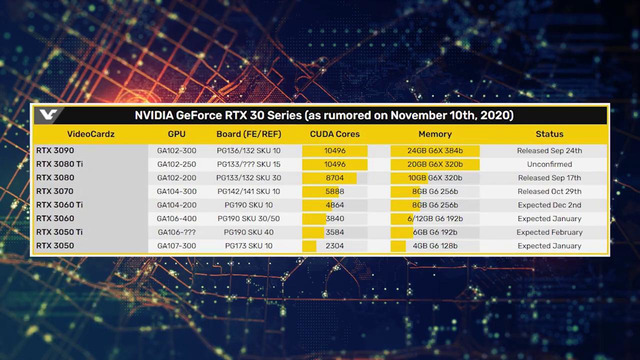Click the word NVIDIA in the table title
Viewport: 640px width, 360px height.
(x=158, y=115)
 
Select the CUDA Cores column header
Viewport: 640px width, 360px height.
(x=334, y=133)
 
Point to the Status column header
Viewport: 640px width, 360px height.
(x=548, y=133)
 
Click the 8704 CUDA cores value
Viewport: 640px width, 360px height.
(x=335, y=177)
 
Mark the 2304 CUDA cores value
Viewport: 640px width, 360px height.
(x=335, y=244)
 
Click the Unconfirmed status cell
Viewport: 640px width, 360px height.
(x=548, y=163)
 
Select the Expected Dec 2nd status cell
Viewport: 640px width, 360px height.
(x=548, y=203)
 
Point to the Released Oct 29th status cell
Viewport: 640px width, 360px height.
(x=548, y=190)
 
